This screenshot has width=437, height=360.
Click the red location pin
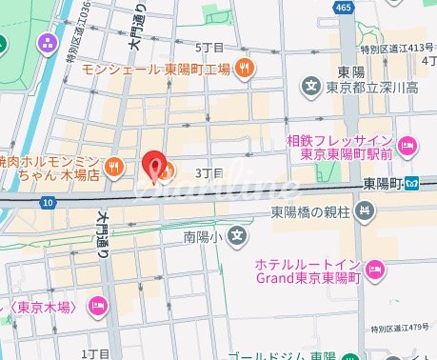click(154, 165)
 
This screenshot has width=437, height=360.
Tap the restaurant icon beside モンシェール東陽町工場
click(245, 68)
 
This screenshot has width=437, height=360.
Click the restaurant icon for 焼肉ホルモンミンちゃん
click(112, 168)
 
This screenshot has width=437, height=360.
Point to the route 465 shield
click(344, 8)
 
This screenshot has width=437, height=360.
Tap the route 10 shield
click(47, 202)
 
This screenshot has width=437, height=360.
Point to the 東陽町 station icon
click(412, 183)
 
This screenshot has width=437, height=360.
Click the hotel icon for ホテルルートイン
click(376, 269)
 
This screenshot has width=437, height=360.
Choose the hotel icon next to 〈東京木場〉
click(97, 305)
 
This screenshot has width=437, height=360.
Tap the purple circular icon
click(46, 43)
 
